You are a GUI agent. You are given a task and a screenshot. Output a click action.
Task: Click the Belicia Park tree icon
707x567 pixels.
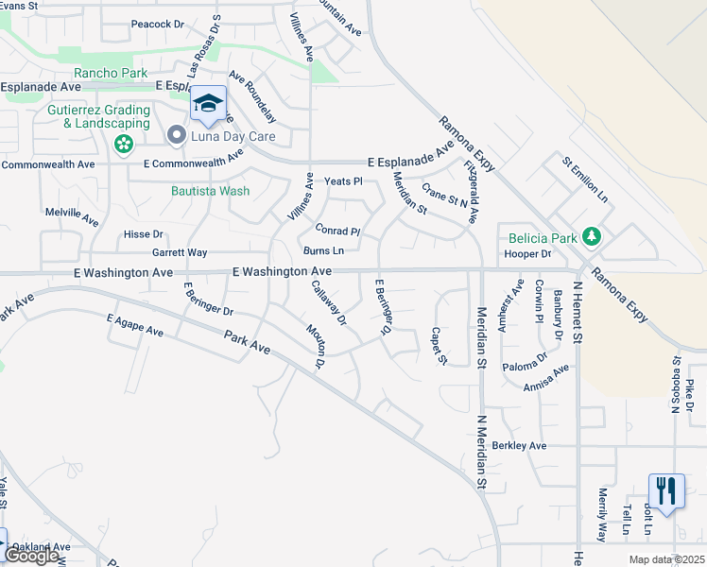(591, 235)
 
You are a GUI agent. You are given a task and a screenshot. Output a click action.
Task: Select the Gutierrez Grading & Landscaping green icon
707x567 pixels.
(122, 145)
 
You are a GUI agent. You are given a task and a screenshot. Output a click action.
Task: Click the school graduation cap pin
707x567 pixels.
(208, 104)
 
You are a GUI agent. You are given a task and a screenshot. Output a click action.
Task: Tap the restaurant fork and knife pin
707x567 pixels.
(666, 490)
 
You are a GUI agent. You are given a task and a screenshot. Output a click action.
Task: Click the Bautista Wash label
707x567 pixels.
(210, 191)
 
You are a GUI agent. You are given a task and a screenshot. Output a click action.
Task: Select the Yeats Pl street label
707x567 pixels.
(343, 180)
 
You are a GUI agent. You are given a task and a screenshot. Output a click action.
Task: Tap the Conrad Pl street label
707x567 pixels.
(337, 231)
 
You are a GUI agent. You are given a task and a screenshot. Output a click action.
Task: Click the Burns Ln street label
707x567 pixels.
(323, 250)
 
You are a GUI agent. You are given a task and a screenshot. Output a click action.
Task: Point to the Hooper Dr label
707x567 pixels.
(527, 253)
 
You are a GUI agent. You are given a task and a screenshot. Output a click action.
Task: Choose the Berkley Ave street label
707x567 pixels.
(520, 445)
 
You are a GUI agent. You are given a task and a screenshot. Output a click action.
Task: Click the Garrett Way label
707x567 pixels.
(180, 252)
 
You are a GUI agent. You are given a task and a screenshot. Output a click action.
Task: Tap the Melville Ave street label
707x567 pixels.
(72, 216)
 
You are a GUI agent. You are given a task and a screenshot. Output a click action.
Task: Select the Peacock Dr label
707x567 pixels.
(156, 24)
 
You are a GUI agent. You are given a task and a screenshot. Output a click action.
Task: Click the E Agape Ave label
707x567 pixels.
(135, 325)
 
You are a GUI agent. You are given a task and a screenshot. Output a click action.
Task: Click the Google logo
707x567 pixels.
(31, 556)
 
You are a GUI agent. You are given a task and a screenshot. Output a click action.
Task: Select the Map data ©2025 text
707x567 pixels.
(664, 559)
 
